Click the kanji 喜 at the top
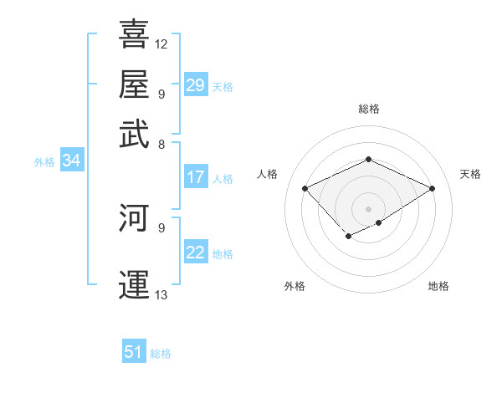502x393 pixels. click(x=135, y=34)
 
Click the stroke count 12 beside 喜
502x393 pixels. click(x=161, y=43)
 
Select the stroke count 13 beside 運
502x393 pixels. click(x=161, y=294)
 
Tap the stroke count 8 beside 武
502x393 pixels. click(x=161, y=143)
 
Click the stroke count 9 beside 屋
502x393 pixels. click(x=161, y=93)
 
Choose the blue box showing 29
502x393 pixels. click(x=196, y=84)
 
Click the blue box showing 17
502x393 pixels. click(x=196, y=177)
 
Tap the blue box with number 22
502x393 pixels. click(x=196, y=253)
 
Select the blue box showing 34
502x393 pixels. click(x=72, y=161)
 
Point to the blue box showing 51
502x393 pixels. click(x=134, y=352)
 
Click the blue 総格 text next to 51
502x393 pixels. click(x=161, y=354)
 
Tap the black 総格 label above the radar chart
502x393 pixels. click(x=368, y=109)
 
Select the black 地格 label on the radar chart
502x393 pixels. click(x=438, y=287)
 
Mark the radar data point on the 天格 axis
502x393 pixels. click(x=432, y=188)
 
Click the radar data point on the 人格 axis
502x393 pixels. click(x=305, y=188)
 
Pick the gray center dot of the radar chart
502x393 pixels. click(x=368, y=208)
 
